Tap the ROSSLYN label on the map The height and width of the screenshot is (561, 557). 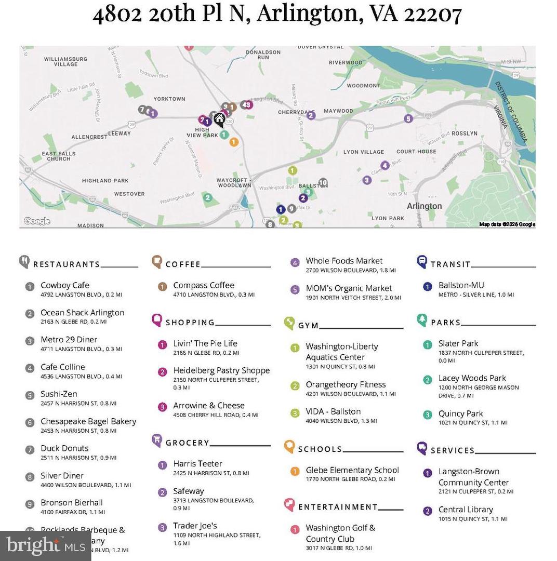[x=464, y=133]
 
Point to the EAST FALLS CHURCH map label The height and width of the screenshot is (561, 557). [x=58, y=156]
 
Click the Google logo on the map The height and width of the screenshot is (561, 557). [x=36, y=221]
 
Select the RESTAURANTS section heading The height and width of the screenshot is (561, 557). [x=66, y=264]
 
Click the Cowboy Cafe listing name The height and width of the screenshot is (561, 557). [x=65, y=285]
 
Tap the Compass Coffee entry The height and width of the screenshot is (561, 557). [x=203, y=285]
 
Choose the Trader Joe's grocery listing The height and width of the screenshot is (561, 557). [x=195, y=526]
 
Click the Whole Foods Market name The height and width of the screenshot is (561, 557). [x=344, y=261]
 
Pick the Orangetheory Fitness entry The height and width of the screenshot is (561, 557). [x=346, y=384]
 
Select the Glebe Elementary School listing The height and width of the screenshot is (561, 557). [x=352, y=470]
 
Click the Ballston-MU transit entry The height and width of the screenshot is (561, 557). [x=461, y=285]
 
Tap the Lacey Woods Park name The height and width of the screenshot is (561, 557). [x=472, y=378]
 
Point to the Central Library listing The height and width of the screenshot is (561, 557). [x=466, y=510]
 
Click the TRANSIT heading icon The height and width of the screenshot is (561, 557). [x=422, y=262]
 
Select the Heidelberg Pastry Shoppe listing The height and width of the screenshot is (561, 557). [x=221, y=370]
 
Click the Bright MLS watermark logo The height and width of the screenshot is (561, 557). [x=46, y=545]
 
